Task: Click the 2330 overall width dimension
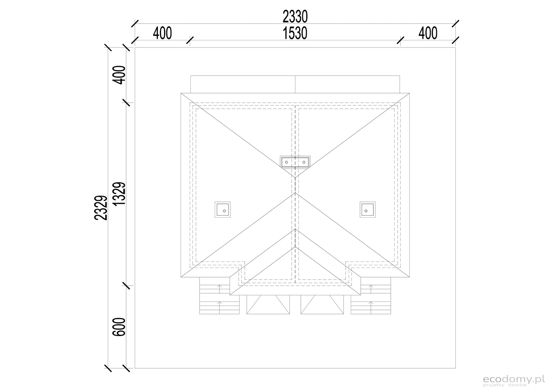tap(295, 17)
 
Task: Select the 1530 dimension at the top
tap(295, 33)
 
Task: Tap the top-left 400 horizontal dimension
tap(162, 33)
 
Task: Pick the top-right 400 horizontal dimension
tap(428, 33)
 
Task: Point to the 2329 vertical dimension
tap(101, 208)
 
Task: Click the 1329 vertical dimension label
tap(119, 194)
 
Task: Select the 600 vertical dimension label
tap(119, 327)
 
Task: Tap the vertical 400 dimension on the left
tap(119, 75)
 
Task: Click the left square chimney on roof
tap(223, 209)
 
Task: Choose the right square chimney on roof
tap(368, 209)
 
